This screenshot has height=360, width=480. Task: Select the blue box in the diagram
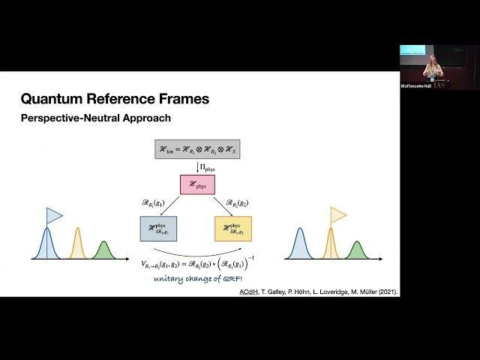(157, 228)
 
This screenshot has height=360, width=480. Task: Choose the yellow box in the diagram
(233, 228)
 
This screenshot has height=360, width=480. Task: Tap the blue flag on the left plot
(55, 216)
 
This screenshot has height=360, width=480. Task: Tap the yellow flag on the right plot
(338, 215)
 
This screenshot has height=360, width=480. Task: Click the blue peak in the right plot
(299, 244)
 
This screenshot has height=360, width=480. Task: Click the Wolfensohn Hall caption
(415, 86)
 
